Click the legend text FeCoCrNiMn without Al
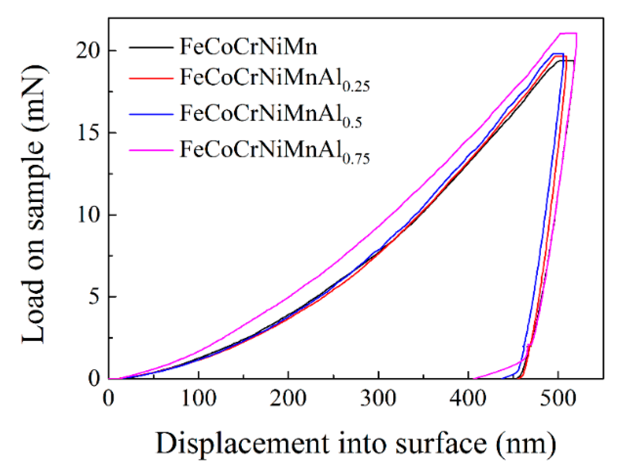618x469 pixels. [x=248, y=47]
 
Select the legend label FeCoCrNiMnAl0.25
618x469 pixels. [x=274, y=79]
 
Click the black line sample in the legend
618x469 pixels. [x=151, y=47]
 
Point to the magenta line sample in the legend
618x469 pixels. [x=151, y=150]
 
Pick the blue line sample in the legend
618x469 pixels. [x=151, y=114]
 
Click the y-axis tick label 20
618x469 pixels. [x=88, y=51]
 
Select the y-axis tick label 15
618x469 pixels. [x=88, y=133]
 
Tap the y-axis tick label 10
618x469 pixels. [x=88, y=215]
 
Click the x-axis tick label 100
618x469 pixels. [x=198, y=398]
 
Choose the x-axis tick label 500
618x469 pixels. [x=558, y=398]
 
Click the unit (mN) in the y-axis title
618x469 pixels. [x=34, y=97]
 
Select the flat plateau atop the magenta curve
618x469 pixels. [x=568, y=33]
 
